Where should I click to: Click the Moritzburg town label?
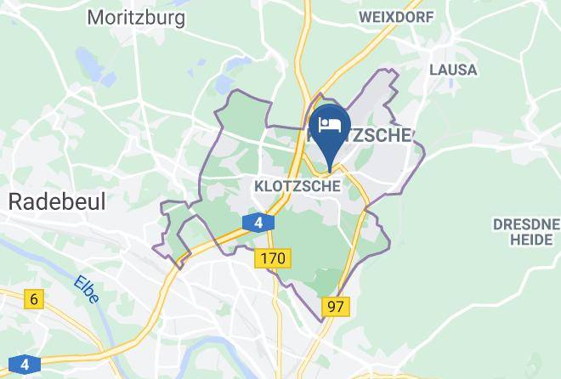tap(136, 16)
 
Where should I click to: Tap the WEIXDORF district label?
tap(397, 16)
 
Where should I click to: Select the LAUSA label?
tap(453, 70)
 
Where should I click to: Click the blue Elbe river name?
tap(85, 291)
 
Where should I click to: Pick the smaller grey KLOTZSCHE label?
tap(297, 184)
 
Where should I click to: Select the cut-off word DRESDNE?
tap(526, 223)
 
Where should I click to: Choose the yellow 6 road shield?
tap(34, 298)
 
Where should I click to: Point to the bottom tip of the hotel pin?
tap(330, 158)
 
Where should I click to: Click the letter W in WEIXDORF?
tap(365, 16)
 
